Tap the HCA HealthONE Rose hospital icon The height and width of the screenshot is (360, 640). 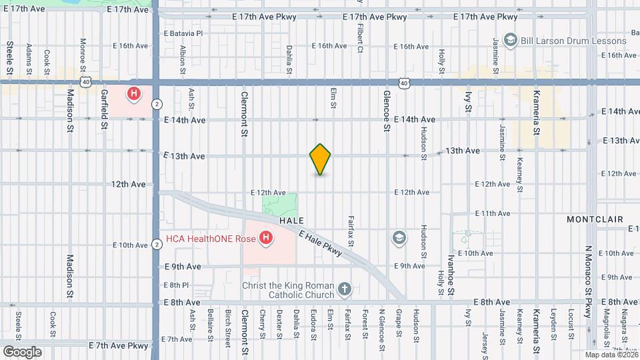pyautogui.click(x=266, y=237)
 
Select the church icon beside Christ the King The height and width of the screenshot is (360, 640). pyautogui.click(x=344, y=288)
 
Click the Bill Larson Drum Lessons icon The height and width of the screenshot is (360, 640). pyautogui.click(x=511, y=41)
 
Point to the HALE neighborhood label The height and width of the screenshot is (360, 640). pyautogui.click(x=291, y=220)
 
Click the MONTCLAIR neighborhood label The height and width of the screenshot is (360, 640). pyautogui.click(x=594, y=219)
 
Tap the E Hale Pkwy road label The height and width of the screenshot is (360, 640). pyautogui.click(x=321, y=243)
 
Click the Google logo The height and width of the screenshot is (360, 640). pyautogui.click(x=21, y=351)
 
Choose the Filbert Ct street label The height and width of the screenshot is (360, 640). pyautogui.click(x=359, y=39)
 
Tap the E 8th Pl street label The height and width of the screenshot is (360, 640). pyautogui.click(x=176, y=285)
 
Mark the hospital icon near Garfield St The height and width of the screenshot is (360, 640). pyautogui.click(x=134, y=93)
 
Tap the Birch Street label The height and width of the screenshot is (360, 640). pyautogui.click(x=227, y=324)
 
